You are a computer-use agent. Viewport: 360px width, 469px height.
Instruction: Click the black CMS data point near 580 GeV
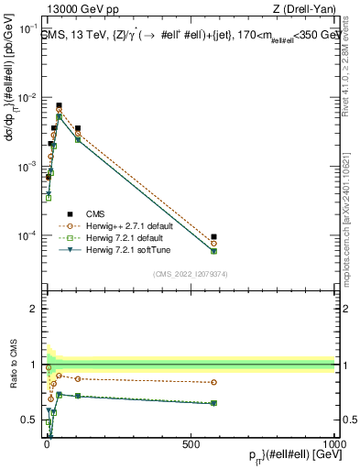[213, 237]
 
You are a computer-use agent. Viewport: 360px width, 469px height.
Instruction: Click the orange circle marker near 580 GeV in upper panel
[213, 244]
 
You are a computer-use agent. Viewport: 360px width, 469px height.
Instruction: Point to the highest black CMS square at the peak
[59, 105]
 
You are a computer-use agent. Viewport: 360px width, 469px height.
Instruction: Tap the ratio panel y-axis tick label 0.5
[34, 420]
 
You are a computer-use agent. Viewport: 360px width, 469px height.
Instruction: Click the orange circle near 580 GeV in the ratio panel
[213, 382]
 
